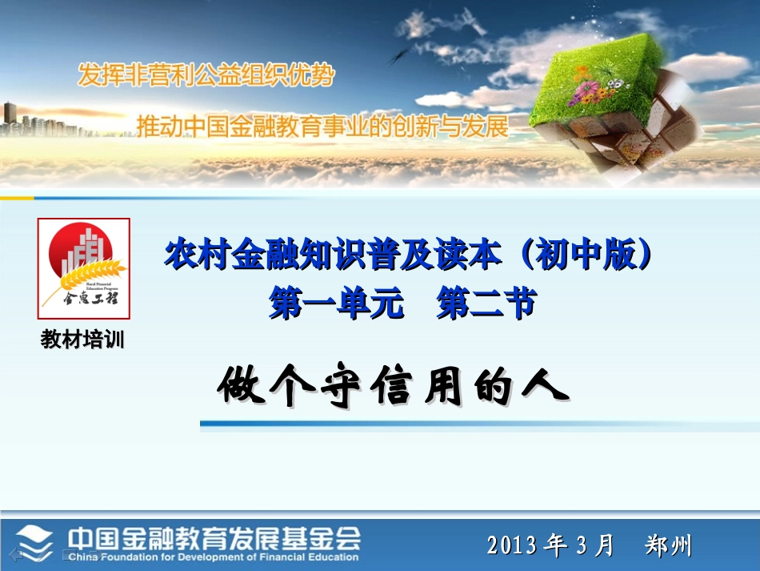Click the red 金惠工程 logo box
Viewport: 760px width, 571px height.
[x=84, y=268]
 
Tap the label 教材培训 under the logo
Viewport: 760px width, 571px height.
[x=83, y=340]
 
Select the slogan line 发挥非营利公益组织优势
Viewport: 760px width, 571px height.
[x=206, y=76]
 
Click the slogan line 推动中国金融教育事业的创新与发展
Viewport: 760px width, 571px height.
[x=322, y=127]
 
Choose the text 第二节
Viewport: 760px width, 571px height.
[x=486, y=304]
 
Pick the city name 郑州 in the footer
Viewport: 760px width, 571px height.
[x=668, y=546]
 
